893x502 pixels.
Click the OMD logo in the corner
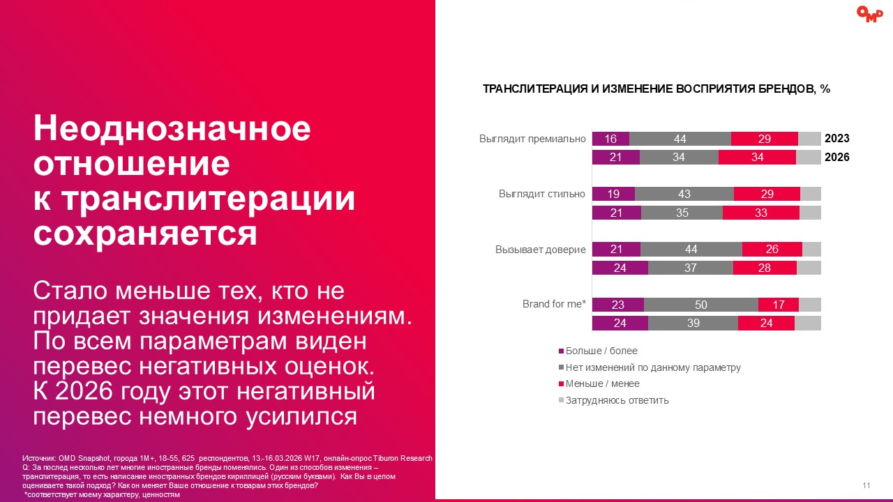tap(869, 14)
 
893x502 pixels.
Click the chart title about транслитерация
tap(656, 89)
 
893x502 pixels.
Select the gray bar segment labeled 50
tap(701, 305)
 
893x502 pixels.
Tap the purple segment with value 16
tap(610, 139)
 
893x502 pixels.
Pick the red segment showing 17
tap(779, 305)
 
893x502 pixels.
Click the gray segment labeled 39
tap(693, 323)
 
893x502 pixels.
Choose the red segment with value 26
tap(772, 249)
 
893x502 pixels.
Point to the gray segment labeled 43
tap(684, 194)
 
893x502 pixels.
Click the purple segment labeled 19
tap(614, 194)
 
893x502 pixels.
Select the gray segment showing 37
tap(691, 268)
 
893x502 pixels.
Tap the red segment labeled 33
tap(761, 213)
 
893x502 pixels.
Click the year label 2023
tap(837, 139)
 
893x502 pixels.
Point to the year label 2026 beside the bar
tap(837, 158)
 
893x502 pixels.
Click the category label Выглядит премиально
tap(532, 138)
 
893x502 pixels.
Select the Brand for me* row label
tap(554, 304)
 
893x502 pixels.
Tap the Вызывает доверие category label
tap(541, 249)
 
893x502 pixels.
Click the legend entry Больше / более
tap(601, 351)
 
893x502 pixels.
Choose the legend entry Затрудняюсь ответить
tap(617, 400)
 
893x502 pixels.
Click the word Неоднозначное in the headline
tap(172, 129)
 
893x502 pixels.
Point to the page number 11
tap(866, 485)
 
